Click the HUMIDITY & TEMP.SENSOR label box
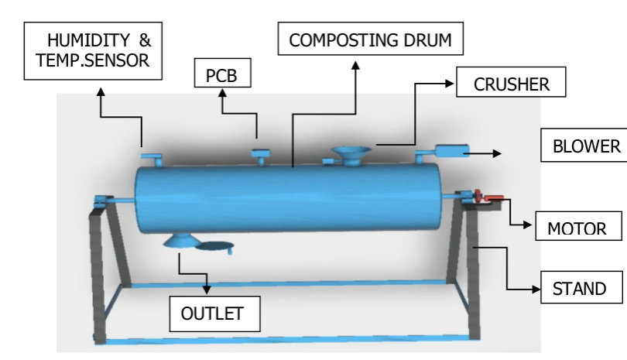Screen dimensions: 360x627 [x=93, y=51]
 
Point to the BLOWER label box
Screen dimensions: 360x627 [x=582, y=146]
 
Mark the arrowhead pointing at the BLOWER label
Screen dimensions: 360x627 [x=498, y=153]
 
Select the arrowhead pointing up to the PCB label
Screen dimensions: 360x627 [x=223, y=95]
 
